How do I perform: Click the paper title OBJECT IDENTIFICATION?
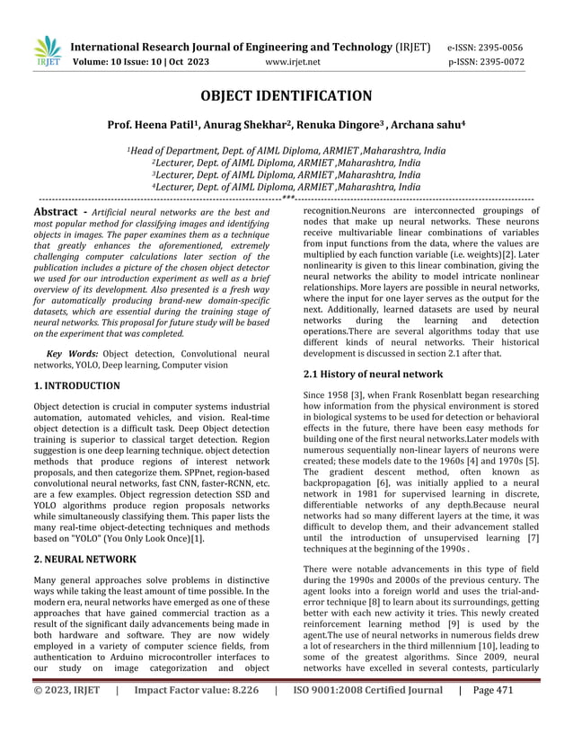point(286,96)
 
